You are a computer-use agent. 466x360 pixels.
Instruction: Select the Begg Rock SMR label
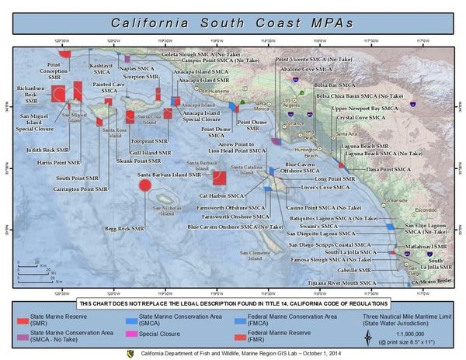tap(125, 229)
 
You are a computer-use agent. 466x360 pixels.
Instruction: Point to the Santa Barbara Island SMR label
tap(169, 175)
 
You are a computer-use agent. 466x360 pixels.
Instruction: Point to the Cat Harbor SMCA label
tap(221, 196)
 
